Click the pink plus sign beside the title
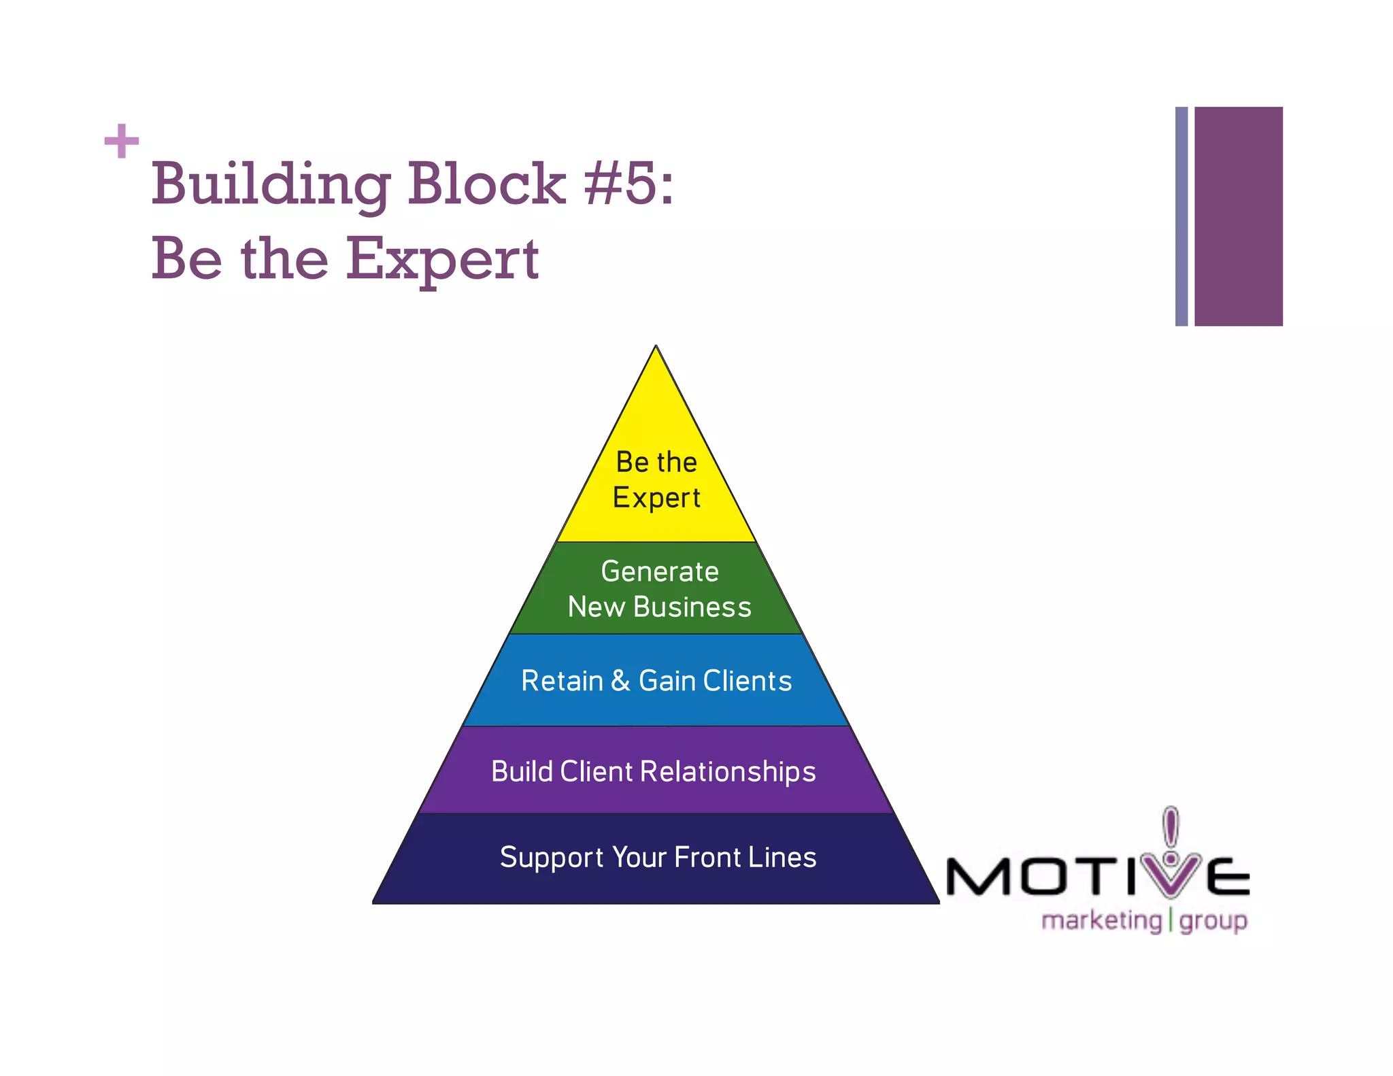coord(122,141)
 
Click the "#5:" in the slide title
coord(628,184)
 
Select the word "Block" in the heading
coord(486,184)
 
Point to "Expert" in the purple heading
coord(443,259)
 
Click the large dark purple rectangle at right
coord(1238,216)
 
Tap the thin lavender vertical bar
coord(1181,216)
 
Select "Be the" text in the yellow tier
coord(656,463)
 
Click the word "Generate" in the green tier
coord(660,571)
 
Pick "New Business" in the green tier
coord(660,607)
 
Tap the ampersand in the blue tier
coord(620,681)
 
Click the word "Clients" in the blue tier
coord(748,681)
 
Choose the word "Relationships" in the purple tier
coord(728,772)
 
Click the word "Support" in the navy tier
coord(552,858)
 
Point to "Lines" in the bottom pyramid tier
coord(782,858)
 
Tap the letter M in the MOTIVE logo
coord(977,877)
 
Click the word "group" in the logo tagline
coord(1213,922)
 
